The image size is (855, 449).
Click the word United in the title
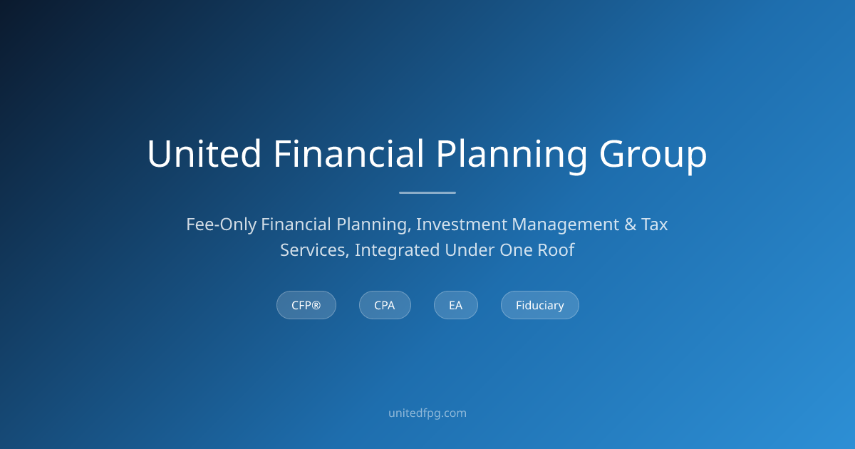(x=204, y=154)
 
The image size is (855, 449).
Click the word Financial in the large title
(x=348, y=153)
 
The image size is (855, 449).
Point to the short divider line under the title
(x=427, y=193)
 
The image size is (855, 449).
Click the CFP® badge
(x=306, y=305)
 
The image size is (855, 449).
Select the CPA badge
(x=385, y=305)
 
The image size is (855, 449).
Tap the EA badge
(x=456, y=305)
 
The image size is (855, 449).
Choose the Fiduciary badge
(x=540, y=305)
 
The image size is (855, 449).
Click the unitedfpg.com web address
(x=427, y=413)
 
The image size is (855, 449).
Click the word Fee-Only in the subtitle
(x=221, y=224)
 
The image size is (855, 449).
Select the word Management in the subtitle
(x=565, y=225)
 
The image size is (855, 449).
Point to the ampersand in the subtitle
(x=630, y=224)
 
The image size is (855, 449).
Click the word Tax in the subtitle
(x=654, y=224)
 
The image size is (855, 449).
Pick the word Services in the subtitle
(x=314, y=251)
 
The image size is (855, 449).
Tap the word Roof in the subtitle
(x=556, y=250)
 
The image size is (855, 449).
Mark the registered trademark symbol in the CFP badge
(x=316, y=305)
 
